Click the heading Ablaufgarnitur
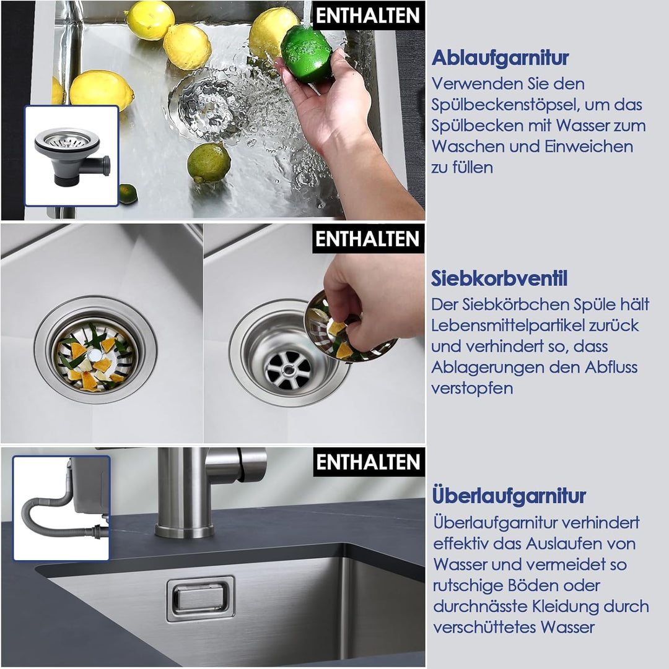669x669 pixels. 500,58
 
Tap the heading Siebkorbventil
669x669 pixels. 499,278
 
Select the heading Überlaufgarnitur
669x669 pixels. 509,496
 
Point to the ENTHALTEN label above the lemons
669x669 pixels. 368,15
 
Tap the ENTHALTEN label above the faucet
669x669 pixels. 369,462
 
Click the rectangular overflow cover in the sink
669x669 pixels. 201,598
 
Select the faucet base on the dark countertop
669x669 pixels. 185,531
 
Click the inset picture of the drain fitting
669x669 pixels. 72,156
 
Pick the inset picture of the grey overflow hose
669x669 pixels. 61,507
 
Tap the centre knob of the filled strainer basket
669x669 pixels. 94,354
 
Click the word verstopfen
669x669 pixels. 472,389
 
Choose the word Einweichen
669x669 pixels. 588,147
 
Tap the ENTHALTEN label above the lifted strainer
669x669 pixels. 368,238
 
